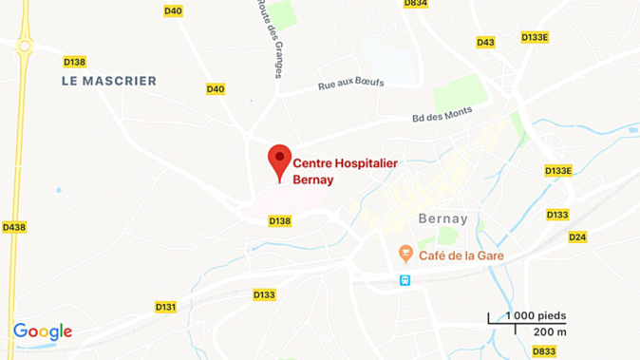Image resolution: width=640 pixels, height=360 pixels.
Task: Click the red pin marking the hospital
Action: tap(279, 160)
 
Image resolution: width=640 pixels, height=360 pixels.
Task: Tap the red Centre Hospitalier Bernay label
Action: tap(345, 171)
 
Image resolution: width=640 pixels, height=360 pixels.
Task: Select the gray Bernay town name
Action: tap(443, 218)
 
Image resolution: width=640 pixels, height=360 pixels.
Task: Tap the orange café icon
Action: tap(405, 254)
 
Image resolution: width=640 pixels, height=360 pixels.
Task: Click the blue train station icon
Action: tap(405, 280)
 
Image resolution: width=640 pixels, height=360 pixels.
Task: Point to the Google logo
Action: tap(43, 332)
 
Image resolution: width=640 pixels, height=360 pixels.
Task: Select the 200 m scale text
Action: tap(550, 332)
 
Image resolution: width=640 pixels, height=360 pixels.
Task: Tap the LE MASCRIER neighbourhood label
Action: tap(108, 82)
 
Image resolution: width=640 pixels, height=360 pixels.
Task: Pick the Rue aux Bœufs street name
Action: tap(351, 85)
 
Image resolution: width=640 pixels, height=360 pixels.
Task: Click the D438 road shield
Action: tap(14, 227)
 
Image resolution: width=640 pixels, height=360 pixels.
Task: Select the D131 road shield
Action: tap(165, 307)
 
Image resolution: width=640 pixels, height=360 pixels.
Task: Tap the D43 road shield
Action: tap(485, 42)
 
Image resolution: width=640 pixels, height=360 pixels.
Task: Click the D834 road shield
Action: tap(415, 4)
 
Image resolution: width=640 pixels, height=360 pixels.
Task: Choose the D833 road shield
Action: tap(544, 351)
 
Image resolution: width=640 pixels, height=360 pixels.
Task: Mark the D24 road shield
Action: tap(577, 237)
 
